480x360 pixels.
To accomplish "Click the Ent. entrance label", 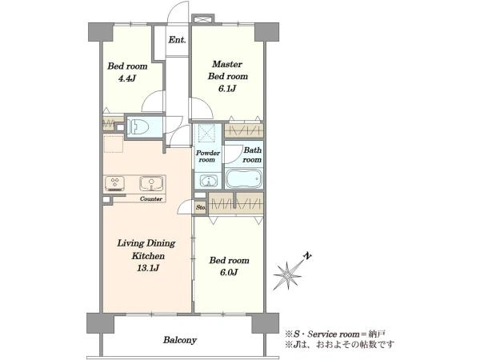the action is coord(178,40).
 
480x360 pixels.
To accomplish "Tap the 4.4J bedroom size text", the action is coord(127,78).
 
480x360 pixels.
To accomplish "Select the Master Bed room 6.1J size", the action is coord(227,89).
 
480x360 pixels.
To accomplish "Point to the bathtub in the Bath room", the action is coord(244,178).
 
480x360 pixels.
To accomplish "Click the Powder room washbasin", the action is coord(209,181).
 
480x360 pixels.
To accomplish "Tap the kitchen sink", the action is coord(151,183).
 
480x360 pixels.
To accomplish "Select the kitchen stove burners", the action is coord(114,183).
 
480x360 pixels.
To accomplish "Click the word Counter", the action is coord(151,199).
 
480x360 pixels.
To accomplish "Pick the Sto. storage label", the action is coord(201,207).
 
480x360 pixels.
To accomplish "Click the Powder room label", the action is coord(208,156).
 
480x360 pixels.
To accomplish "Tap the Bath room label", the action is coord(252,155).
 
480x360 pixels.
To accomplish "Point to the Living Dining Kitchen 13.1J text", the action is coord(146,256).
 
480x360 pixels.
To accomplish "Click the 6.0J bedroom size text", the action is coord(229,273).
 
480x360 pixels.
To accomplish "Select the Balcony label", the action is coord(180,340).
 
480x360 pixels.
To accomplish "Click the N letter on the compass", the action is coord(307,256).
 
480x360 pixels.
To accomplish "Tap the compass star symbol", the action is coord(287,275).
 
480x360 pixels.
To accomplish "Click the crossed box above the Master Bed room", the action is coord(202,19).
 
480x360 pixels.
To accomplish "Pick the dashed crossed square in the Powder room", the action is coord(206,133).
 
